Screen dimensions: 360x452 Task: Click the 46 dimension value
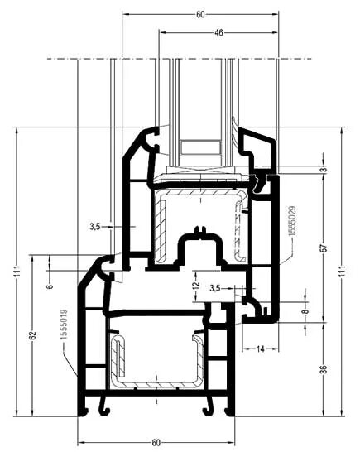[x=218, y=32]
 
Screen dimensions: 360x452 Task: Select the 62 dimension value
[x=33, y=335]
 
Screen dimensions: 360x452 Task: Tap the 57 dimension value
[x=324, y=248]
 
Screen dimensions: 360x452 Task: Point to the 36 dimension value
[x=324, y=369]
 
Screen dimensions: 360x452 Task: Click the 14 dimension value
[x=260, y=349]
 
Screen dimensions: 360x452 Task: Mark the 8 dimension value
[x=306, y=311]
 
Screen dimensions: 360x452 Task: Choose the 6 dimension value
[x=50, y=286]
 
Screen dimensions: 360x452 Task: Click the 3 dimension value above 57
[x=324, y=169]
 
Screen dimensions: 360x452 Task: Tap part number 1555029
[x=292, y=221]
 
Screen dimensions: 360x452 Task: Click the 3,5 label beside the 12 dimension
[x=215, y=288]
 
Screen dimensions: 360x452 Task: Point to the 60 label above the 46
[x=200, y=14]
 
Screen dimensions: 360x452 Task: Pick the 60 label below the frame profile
[x=156, y=443]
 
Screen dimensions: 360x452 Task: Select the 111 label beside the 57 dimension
[x=343, y=272]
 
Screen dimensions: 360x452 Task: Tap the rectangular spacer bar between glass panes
[x=199, y=148]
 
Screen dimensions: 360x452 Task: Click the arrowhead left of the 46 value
[x=163, y=32]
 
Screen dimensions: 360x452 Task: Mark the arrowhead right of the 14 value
[x=276, y=349]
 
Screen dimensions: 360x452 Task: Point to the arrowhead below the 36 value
[x=324, y=413]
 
